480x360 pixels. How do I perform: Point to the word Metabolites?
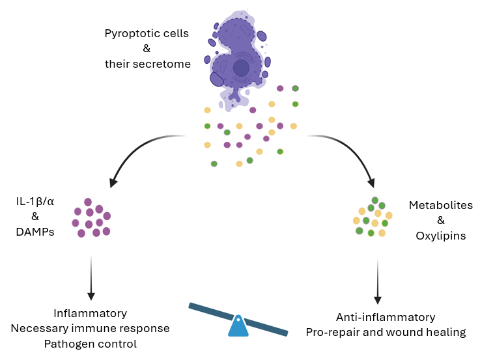(x=440, y=205)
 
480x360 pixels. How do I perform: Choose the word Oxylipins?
(x=440, y=236)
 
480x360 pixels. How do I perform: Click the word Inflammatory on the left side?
(x=90, y=313)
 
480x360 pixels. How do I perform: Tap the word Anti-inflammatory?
(x=386, y=317)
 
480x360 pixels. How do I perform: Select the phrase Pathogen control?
(x=90, y=343)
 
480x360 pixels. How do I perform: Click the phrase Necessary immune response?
(x=90, y=328)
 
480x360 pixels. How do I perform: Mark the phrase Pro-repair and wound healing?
(x=386, y=332)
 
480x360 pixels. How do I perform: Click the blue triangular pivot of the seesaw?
(x=238, y=326)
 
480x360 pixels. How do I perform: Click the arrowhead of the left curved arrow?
(x=115, y=180)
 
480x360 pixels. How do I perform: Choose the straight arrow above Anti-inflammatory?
(x=378, y=280)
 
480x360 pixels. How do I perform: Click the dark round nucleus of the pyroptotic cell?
(x=242, y=67)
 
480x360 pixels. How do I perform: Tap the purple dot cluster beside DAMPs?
(x=91, y=217)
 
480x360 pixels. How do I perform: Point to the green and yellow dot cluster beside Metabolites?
(x=373, y=217)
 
